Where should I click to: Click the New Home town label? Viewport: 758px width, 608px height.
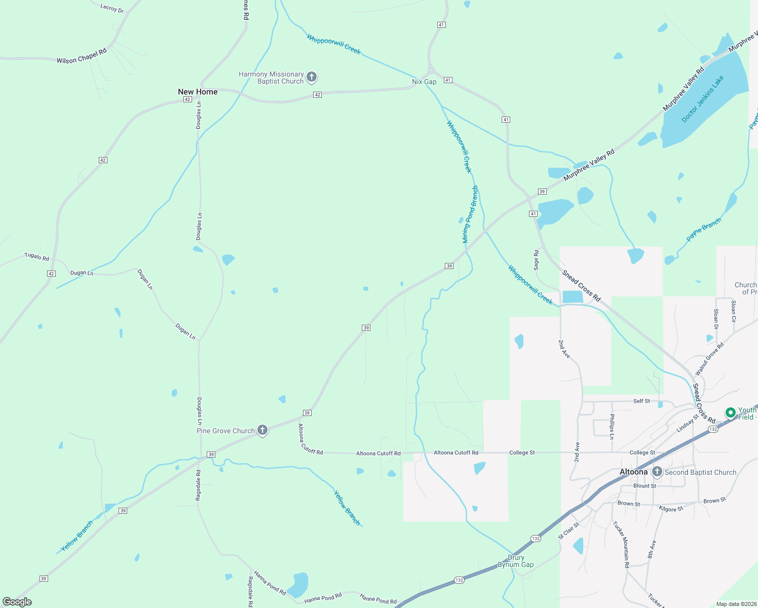click(x=198, y=92)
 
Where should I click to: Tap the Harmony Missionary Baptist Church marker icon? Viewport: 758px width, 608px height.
click(x=312, y=77)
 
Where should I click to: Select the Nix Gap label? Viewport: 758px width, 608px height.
click(x=424, y=82)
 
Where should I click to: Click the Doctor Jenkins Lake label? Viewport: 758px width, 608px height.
click(x=702, y=99)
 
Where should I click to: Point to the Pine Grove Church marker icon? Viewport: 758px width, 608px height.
click(x=262, y=431)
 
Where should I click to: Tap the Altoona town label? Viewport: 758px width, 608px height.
click(x=633, y=472)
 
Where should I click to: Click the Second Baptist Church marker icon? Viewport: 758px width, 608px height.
click(x=657, y=472)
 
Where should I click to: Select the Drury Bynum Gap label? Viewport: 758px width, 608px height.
click(x=515, y=561)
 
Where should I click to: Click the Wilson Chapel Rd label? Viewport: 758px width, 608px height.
click(x=82, y=56)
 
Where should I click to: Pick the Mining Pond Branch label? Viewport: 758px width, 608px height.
click(x=470, y=214)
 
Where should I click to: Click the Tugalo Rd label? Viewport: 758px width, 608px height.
click(x=37, y=257)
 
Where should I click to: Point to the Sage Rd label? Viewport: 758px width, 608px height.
click(x=536, y=259)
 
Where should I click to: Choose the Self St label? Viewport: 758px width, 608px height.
click(x=641, y=401)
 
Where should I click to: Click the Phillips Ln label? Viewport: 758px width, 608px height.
click(x=612, y=426)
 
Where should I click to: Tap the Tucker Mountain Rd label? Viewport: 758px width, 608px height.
click(x=621, y=545)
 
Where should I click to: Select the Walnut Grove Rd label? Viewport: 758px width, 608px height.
click(x=709, y=359)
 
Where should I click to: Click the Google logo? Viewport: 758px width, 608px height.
click(x=17, y=602)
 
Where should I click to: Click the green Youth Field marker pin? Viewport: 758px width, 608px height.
click(x=730, y=412)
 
